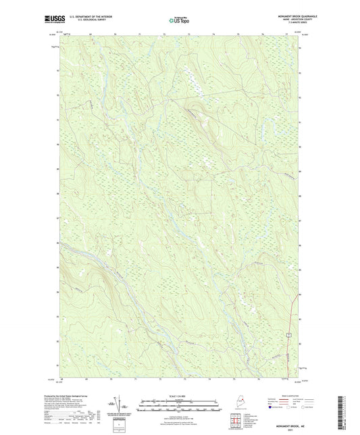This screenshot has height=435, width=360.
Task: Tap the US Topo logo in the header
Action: (x=175, y=21)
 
